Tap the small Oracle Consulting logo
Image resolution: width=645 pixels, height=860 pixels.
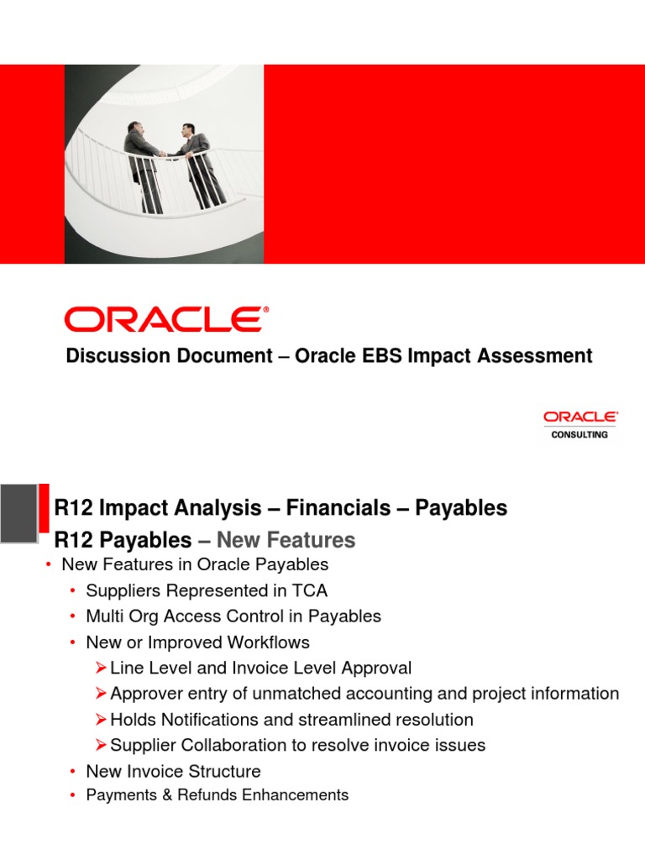(580, 425)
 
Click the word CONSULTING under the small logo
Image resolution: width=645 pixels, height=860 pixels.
(580, 435)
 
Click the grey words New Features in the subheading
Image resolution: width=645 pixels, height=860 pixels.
(286, 540)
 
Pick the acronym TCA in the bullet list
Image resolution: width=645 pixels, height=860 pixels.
(307, 590)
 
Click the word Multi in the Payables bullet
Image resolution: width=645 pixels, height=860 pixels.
(103, 616)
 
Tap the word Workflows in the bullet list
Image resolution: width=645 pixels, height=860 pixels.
(270, 642)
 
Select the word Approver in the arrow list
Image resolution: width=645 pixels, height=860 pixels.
(144, 694)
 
